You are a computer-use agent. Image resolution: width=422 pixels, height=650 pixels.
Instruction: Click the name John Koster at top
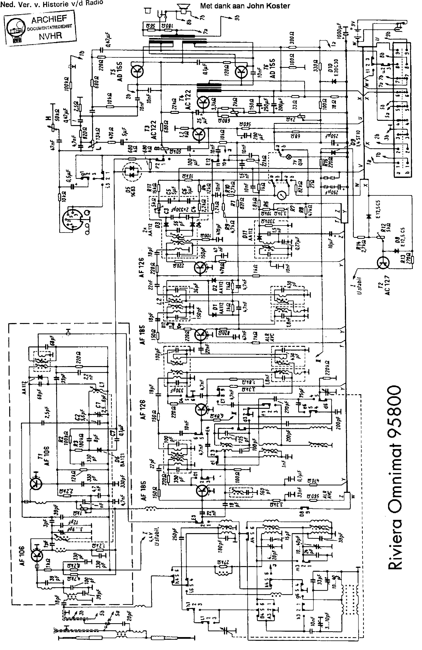[x=268, y=6]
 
